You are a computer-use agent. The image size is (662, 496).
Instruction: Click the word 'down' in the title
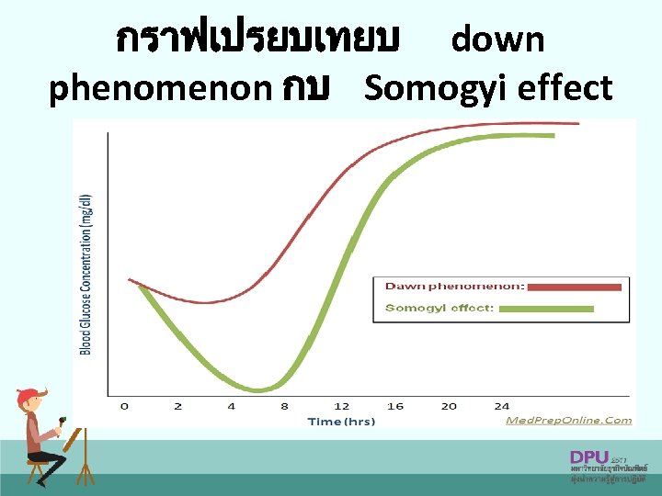pos(498,39)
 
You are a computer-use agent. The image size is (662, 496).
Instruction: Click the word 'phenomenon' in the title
pos(160,88)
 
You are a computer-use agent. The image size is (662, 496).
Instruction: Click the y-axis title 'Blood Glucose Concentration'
pos(86,273)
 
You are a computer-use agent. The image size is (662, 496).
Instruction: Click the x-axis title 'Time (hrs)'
pos(341,422)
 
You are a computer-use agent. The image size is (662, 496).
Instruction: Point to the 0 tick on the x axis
pos(124,406)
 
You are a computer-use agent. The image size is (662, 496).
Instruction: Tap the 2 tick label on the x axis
pos(177,406)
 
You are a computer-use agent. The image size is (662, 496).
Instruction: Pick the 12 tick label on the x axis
pos(341,406)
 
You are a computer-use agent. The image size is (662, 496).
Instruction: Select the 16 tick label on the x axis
pos(395,406)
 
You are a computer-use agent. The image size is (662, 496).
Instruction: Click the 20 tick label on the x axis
pos(449,406)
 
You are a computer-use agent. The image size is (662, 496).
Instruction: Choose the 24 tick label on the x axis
pos(502,406)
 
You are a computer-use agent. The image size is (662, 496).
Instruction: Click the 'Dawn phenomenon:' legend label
pos(455,287)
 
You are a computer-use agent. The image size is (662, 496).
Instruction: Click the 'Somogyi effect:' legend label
pos(439,308)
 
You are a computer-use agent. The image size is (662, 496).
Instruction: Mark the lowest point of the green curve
pos(261,389)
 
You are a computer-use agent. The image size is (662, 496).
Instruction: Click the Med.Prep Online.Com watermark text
pos(569,421)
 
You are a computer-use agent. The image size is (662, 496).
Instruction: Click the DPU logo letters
pos(589,457)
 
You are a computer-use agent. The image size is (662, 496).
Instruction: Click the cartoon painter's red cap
pos(29,396)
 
